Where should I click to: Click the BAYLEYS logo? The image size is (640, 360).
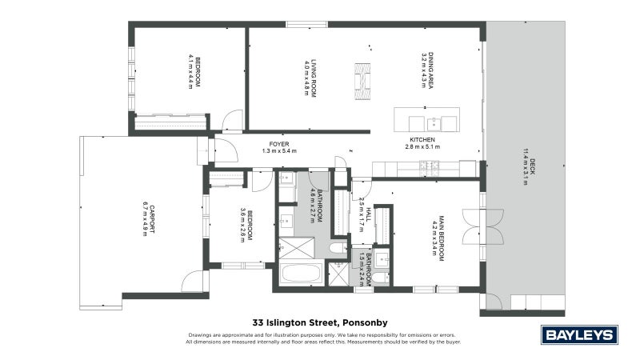coord(579,334)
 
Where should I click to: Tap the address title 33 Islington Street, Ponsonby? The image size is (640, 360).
coord(320,316)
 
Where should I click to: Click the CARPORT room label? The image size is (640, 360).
coord(152,217)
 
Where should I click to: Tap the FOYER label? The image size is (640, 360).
coord(278,143)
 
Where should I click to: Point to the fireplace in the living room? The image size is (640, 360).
coord(364,78)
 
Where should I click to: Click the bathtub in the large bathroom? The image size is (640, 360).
coord(302,274)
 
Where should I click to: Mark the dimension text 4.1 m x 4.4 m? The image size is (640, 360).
coord(191,71)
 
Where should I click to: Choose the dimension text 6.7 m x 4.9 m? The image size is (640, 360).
coord(144,217)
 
